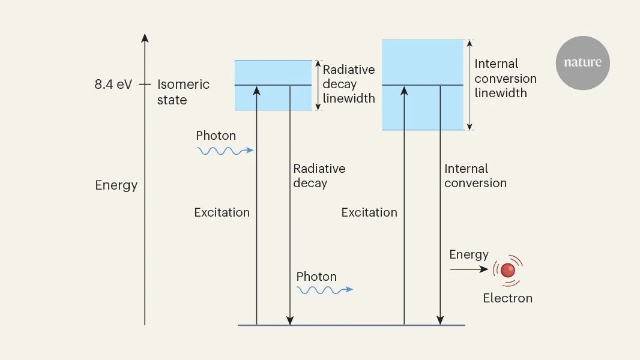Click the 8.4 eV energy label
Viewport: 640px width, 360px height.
point(113,85)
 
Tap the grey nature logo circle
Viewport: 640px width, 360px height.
point(582,63)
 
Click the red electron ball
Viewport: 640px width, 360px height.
point(508,270)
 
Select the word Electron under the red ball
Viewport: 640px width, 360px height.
point(507,298)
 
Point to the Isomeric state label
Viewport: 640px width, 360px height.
point(183,92)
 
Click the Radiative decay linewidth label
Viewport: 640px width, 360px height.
point(349,84)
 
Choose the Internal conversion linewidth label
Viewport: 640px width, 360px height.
point(506,78)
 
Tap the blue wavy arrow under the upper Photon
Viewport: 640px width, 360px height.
point(225,151)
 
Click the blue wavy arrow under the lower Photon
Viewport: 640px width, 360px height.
point(325,290)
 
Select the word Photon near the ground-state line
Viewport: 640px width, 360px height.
point(316,277)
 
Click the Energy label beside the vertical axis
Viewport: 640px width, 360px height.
point(116,185)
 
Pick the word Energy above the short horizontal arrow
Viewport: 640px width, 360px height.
point(469,255)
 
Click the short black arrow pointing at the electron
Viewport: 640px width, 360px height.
point(469,269)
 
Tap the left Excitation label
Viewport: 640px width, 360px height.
point(222,212)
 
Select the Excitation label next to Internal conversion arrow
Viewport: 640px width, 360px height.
point(369,212)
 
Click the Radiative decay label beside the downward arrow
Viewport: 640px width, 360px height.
point(319,176)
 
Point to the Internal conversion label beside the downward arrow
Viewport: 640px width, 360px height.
point(475,176)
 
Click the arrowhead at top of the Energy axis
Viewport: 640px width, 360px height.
point(145,38)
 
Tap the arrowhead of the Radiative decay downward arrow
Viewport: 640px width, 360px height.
point(290,320)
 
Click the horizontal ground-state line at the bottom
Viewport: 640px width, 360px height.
point(351,325)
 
